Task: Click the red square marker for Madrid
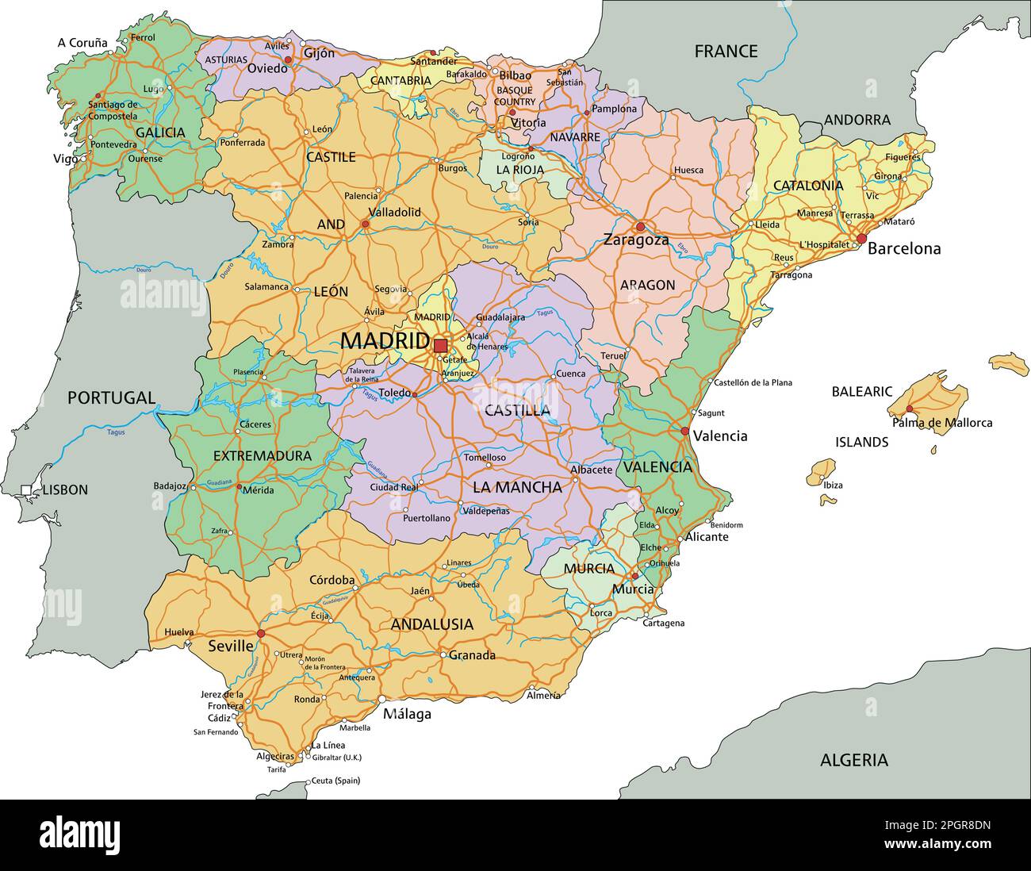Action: pos(440,346)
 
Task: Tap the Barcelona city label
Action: pos(904,249)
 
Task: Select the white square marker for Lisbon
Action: pos(26,490)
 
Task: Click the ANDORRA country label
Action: pos(857,120)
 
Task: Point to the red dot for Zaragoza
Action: pos(640,227)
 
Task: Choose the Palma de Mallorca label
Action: pos(942,423)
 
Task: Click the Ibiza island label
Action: pos(833,485)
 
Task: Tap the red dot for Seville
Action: pos(261,633)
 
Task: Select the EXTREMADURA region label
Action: pos(263,456)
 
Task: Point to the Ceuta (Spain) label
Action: pos(335,781)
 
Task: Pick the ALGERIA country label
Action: pos(853,760)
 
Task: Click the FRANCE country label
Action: pos(726,52)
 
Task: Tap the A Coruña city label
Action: pos(82,43)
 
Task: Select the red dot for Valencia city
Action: pos(684,432)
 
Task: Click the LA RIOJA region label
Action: pos(520,170)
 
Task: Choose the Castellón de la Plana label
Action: pos(753,382)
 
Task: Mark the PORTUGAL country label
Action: pos(111,397)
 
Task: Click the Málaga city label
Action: pos(407,714)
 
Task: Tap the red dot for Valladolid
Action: pos(366,224)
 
